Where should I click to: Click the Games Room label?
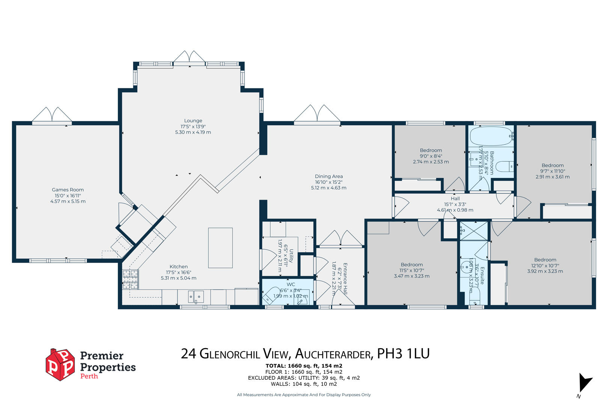pyautogui.click(x=68, y=190)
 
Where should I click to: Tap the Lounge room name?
pyautogui.click(x=193, y=121)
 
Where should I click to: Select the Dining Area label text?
pyautogui.click(x=329, y=176)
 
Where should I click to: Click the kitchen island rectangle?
pyautogui.click(x=220, y=248)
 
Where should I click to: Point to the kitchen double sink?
pyautogui.click(x=196, y=297)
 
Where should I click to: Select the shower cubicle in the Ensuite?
pyautogui.click(x=474, y=231)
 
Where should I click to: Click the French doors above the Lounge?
pyautogui.click(x=189, y=57)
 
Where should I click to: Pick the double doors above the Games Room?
pyautogui.click(x=51, y=114)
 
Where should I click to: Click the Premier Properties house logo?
pyautogui.click(x=60, y=365)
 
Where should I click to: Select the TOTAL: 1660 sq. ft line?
pyautogui.click(x=304, y=366)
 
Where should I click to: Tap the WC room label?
pyautogui.click(x=290, y=285)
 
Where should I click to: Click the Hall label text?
pyautogui.click(x=455, y=198)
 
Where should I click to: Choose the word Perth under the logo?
pyautogui.click(x=89, y=376)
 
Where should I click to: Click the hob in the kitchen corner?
pyautogui.click(x=130, y=280)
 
